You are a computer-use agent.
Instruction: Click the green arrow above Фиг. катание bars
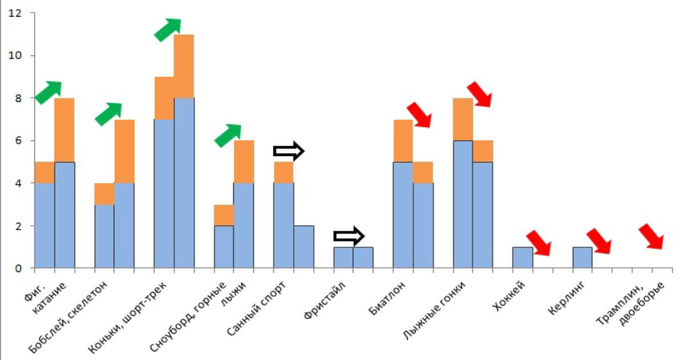49,93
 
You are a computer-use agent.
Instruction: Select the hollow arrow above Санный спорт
289,151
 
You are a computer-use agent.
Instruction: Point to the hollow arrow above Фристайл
349,235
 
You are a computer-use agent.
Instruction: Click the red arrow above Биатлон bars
418,114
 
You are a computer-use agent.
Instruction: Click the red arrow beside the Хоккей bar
538,242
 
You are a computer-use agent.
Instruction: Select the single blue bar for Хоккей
523,257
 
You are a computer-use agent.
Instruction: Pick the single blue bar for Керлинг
582,257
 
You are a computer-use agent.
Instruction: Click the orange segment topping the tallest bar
184,66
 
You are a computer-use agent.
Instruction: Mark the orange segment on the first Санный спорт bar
284,172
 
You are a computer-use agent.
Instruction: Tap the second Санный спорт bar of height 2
304,247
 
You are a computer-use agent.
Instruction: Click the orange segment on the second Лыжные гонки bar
482,151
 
